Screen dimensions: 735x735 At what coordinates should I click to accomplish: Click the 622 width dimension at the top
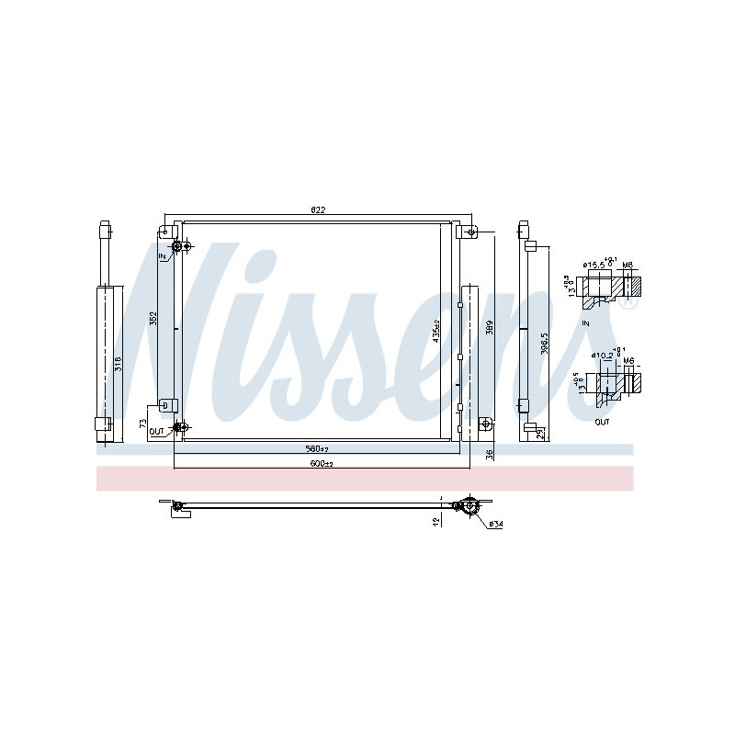318,210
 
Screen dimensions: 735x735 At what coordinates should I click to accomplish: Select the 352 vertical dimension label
154,318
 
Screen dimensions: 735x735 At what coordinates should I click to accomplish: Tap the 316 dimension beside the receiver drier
118,364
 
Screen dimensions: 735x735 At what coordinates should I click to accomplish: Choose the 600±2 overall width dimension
321,463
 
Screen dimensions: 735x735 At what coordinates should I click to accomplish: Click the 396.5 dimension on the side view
544,342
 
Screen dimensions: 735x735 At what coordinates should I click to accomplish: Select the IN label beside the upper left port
164,255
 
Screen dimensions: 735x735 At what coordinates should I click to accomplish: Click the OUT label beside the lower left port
156,430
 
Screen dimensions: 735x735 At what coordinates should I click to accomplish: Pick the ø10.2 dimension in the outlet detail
600,355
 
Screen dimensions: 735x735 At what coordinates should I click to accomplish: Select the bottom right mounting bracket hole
485,424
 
